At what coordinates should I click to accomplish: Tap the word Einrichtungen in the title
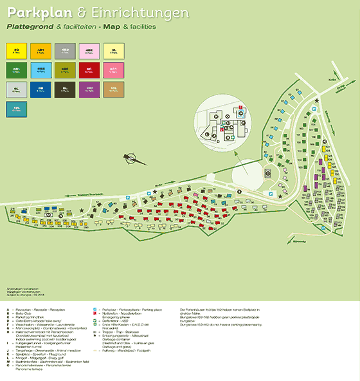tap(147, 13)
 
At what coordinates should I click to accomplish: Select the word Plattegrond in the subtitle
tap(30, 28)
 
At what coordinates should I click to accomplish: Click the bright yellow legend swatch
tap(17, 49)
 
